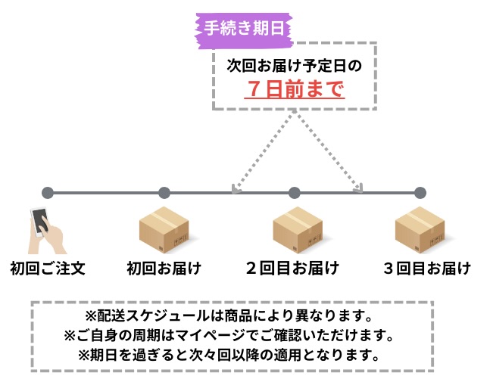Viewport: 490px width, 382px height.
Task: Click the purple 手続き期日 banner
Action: tap(244, 29)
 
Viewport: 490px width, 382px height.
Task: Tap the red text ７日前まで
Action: tap(295, 90)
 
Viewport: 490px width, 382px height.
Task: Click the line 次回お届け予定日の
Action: tap(295, 66)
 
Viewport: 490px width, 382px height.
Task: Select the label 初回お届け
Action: tap(164, 268)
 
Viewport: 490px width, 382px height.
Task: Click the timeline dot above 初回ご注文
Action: tap(47, 193)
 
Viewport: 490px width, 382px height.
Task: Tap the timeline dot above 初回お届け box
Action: tap(164, 193)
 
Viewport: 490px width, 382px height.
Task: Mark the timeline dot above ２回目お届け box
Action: tap(295, 193)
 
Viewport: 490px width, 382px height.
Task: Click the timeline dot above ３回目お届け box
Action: tap(420, 193)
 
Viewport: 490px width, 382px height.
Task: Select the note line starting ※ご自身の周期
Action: tap(230, 334)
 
